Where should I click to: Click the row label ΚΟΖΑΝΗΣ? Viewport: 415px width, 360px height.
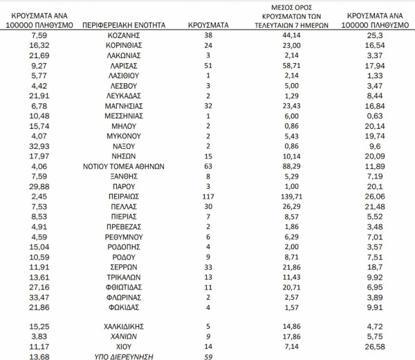pyautogui.click(x=124, y=35)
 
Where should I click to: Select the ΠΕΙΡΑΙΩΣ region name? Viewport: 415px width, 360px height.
pyautogui.click(x=124, y=196)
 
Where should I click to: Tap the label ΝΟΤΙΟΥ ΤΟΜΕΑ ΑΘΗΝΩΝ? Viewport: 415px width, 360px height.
pyautogui.click(x=124, y=166)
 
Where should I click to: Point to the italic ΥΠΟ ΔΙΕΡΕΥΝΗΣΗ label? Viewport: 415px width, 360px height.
pyautogui.click(x=124, y=356)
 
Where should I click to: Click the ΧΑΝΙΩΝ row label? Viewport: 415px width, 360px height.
pyautogui.click(x=124, y=335)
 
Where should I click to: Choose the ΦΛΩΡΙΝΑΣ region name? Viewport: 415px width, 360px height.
pyautogui.click(x=124, y=296)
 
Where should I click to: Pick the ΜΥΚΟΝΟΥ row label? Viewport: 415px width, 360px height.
pyautogui.click(x=124, y=136)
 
